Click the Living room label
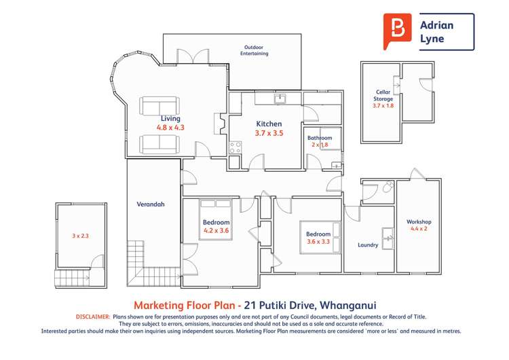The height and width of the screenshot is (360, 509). pos(170,118)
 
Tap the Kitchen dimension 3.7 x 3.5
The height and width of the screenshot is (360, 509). pos(269,133)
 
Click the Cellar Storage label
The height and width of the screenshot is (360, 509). pos(383,95)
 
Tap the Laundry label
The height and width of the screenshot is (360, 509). pos(367,245)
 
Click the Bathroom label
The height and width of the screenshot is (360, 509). pos(320,137)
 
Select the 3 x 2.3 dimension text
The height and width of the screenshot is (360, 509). pos(81,236)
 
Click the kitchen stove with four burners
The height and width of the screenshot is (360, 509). pos(235,147)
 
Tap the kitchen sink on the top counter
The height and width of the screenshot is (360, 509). pos(280,99)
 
